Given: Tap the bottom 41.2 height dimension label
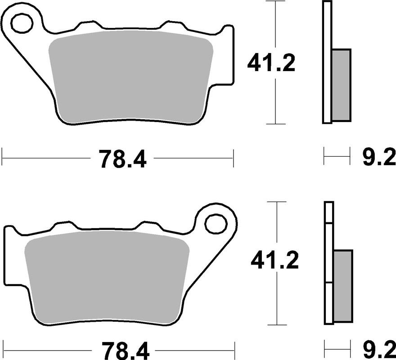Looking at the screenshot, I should tap(274, 260).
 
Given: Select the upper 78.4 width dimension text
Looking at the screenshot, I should tap(122, 159).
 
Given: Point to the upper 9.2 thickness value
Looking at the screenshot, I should tap(378, 158).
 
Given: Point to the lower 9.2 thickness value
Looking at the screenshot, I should tap(378, 348).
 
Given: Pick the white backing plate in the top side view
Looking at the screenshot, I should tap(327, 63).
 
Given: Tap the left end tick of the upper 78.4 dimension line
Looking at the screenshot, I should tap(3, 157).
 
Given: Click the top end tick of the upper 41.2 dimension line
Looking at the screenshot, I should tap(274, 1).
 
